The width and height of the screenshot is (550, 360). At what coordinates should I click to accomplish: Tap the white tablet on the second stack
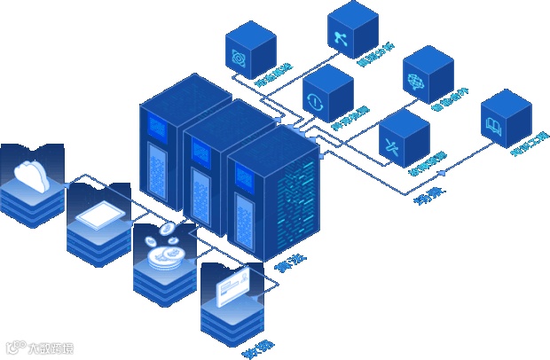click(x=97, y=215)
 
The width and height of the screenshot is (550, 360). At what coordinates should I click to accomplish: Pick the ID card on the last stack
click(x=232, y=288)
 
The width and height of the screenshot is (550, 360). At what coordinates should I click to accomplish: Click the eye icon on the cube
click(x=239, y=59)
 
